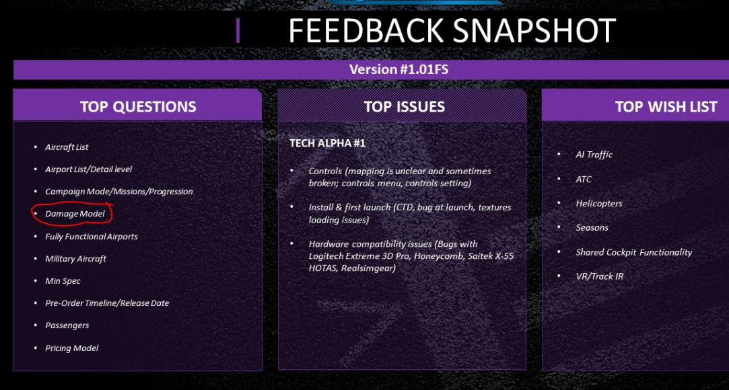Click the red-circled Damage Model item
pyautogui.click(x=75, y=214)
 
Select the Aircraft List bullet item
pyautogui.click(x=67, y=147)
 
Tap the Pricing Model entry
pyautogui.click(x=71, y=348)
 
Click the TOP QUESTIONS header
pyautogui.click(x=138, y=106)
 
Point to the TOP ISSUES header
pyautogui.click(x=404, y=106)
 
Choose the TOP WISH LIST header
pyautogui.click(x=666, y=106)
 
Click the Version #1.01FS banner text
pyautogui.click(x=398, y=70)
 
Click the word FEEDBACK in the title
pyautogui.click(x=366, y=31)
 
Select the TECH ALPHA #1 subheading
pyautogui.click(x=327, y=143)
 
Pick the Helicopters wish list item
pyautogui.click(x=599, y=203)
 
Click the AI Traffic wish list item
pyautogui.click(x=594, y=155)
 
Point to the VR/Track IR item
pyautogui.click(x=599, y=276)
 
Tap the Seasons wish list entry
pyautogui.click(x=592, y=227)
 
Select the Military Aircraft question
pyautogui.click(x=75, y=259)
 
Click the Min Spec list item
pyautogui.click(x=63, y=281)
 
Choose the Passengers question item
pyautogui.click(x=67, y=325)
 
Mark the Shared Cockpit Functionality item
pyautogui.click(x=633, y=252)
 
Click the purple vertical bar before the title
pyautogui.click(x=238, y=31)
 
